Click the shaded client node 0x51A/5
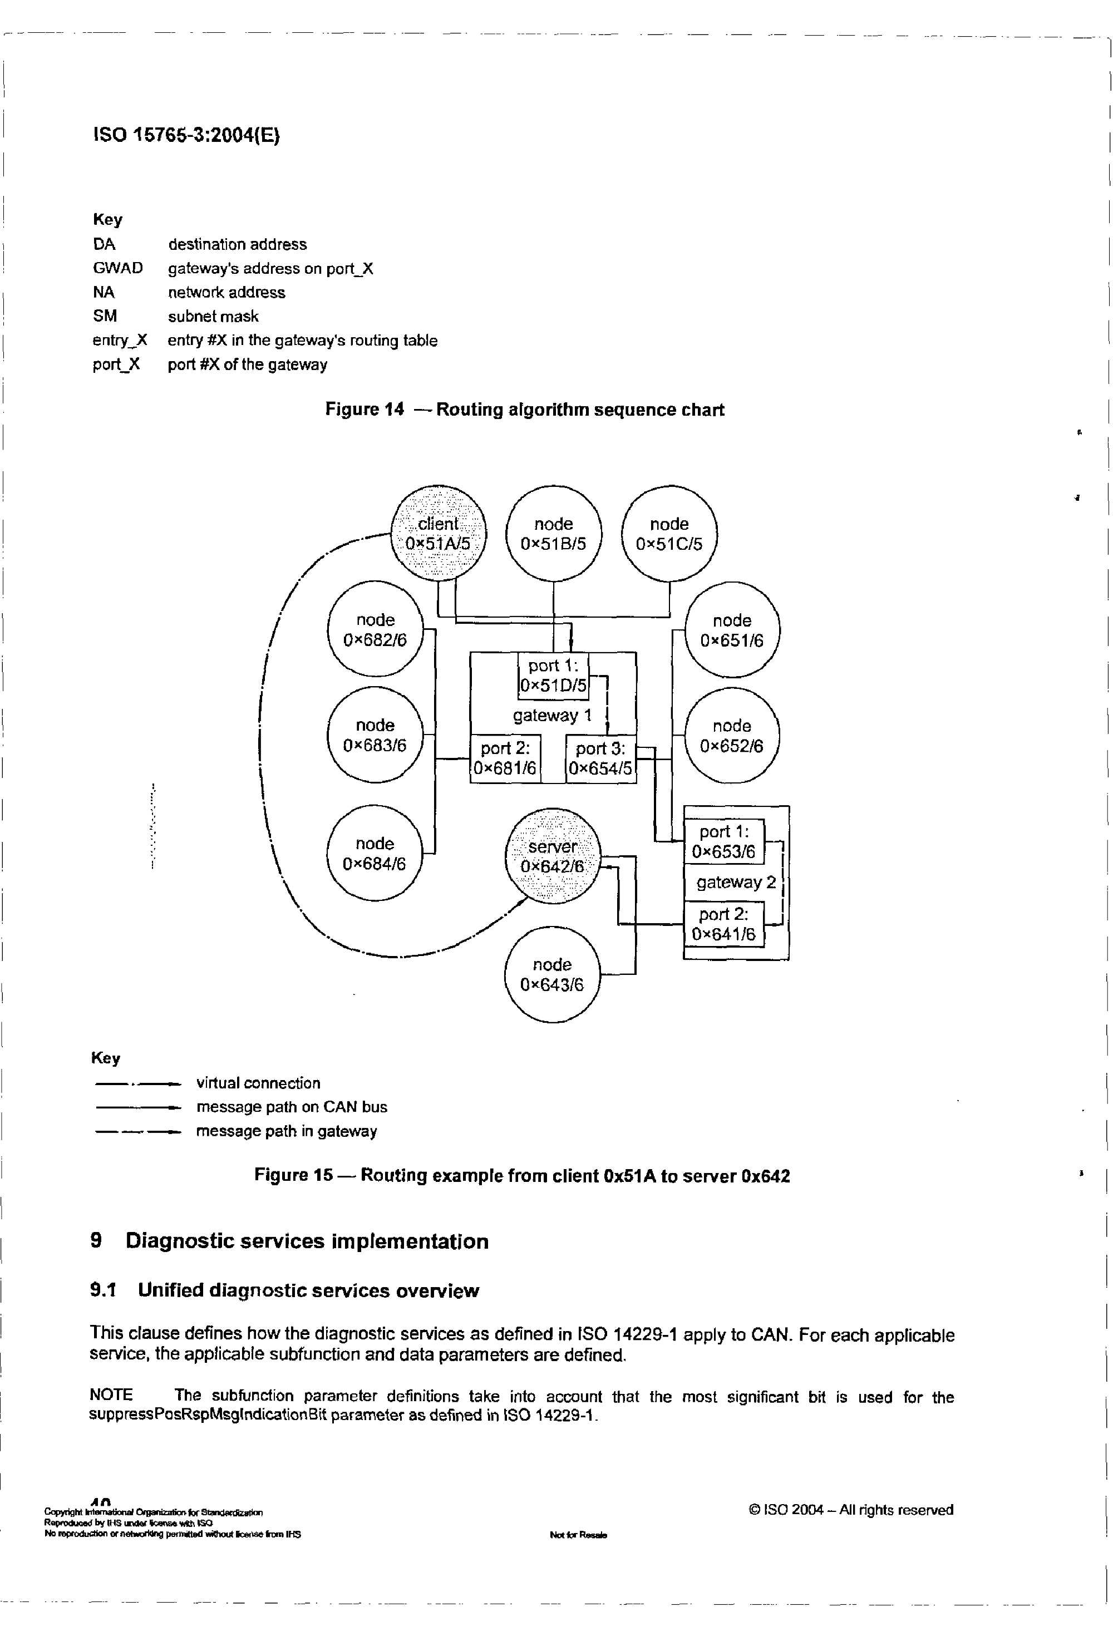[x=439, y=533]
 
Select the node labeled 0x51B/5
[x=554, y=533]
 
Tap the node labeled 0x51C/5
[x=669, y=533]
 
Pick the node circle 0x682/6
[x=375, y=629]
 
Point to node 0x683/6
[x=375, y=735]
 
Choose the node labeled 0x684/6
[x=375, y=853]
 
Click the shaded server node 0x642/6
[x=552, y=856]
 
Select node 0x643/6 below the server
[x=551, y=974]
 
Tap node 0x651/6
[x=732, y=630]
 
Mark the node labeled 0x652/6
[x=732, y=736]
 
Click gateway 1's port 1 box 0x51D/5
[x=553, y=675]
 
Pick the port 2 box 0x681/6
[x=505, y=758]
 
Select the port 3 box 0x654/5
[x=600, y=758]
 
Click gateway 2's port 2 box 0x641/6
[x=724, y=924]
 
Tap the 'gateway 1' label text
[x=552, y=715]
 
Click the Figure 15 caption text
[x=522, y=1176]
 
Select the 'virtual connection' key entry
[x=258, y=1083]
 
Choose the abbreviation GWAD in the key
[x=117, y=268]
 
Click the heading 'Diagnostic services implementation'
[x=307, y=1241]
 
